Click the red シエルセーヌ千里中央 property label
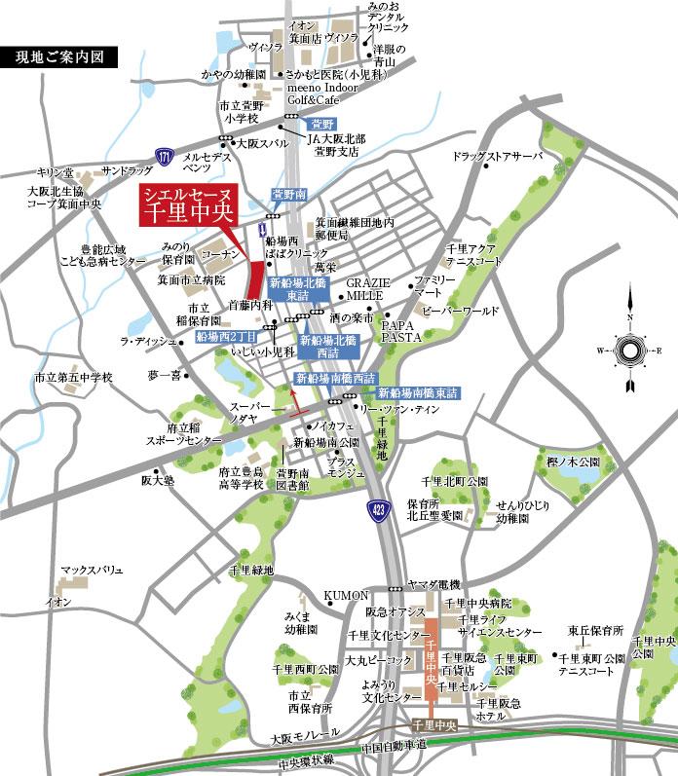click(187, 207)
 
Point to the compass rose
click(629, 351)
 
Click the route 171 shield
click(165, 156)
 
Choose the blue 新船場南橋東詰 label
click(418, 393)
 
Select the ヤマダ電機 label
click(434, 583)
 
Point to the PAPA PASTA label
click(400, 328)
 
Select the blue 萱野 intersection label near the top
click(320, 125)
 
